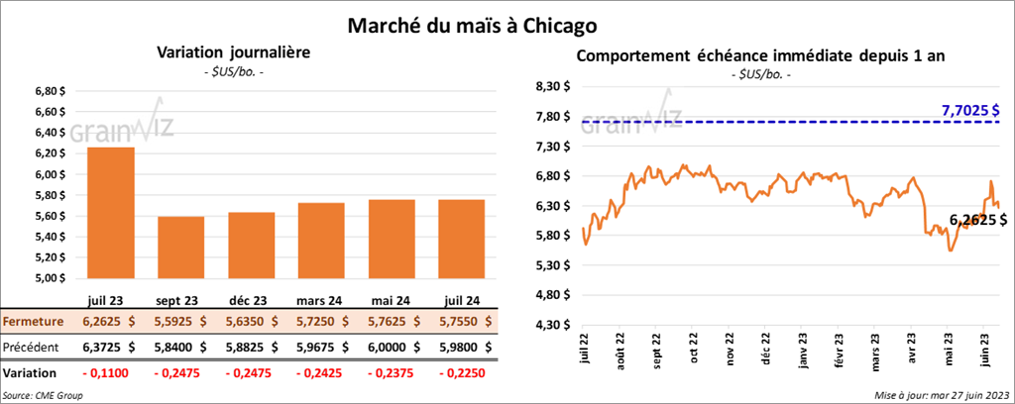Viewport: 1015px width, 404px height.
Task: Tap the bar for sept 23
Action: tap(180, 247)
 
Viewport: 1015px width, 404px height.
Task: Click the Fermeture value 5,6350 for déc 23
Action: tap(250, 322)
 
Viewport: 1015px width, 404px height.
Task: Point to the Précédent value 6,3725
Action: tap(111, 348)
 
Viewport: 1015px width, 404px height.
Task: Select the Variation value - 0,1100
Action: tap(111, 373)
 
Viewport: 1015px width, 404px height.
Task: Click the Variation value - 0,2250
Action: tap(458, 373)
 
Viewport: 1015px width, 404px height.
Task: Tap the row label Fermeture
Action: tap(34, 322)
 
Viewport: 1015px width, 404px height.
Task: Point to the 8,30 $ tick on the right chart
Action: tap(552, 86)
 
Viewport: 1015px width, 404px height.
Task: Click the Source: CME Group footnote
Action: tap(44, 395)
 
